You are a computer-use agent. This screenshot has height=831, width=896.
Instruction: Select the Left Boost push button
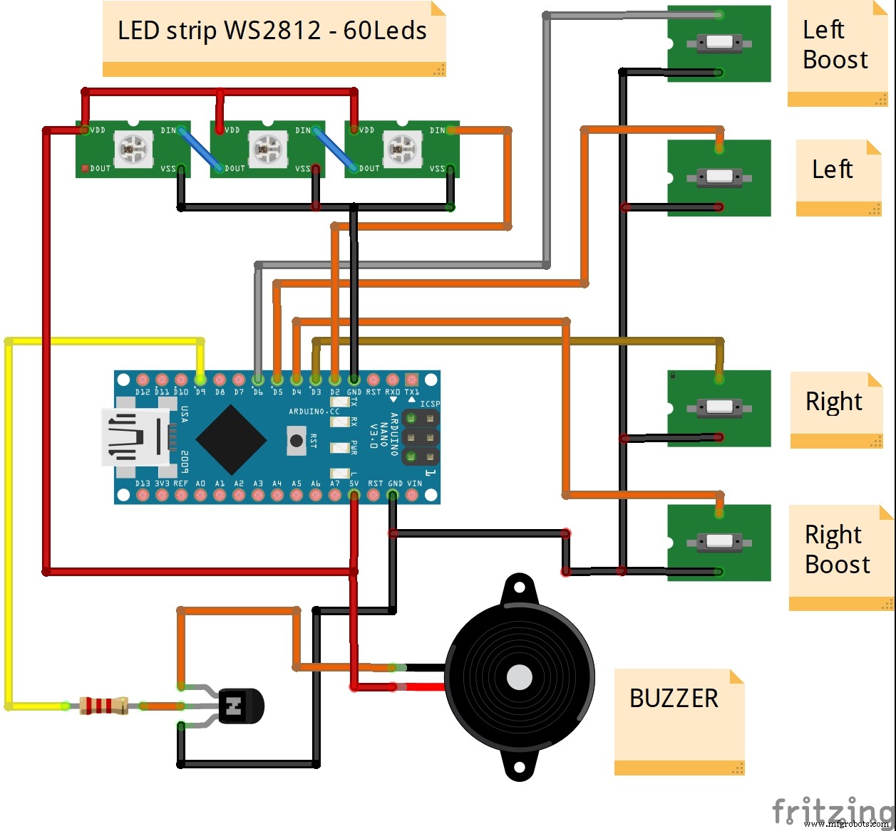tap(719, 43)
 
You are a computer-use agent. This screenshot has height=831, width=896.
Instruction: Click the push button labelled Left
tap(719, 177)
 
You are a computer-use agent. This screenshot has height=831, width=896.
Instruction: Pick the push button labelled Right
tap(719, 408)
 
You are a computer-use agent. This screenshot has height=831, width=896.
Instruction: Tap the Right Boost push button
tap(719, 543)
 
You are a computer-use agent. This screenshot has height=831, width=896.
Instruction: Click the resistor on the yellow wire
tap(104, 706)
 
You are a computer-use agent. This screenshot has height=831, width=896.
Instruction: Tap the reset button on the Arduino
tap(297, 441)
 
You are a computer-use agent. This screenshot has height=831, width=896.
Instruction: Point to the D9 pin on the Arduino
tap(200, 380)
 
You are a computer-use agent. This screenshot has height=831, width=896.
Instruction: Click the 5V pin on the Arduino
tap(354, 494)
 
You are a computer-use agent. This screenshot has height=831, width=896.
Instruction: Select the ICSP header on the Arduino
tap(421, 436)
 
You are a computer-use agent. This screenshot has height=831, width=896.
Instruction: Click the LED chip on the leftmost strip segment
tap(132, 149)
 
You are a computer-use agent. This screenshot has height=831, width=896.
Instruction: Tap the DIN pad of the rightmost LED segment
tap(452, 130)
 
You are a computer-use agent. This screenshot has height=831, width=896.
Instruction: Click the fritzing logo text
tap(832, 810)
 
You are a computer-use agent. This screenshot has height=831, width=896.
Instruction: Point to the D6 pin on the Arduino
tap(258, 380)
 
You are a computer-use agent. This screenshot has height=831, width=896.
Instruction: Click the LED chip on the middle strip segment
tap(266, 149)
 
